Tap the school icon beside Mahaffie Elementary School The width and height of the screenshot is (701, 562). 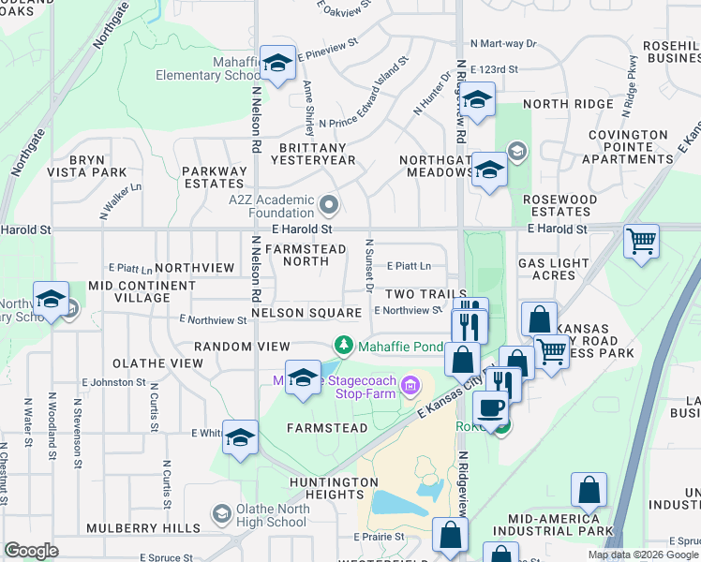[277, 64]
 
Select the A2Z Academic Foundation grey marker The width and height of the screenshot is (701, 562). [328, 204]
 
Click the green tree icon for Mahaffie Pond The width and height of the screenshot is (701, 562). [344, 347]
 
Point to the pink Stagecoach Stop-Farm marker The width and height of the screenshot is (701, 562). [409, 385]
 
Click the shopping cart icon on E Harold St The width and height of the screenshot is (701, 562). [641, 241]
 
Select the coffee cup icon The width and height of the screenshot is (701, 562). [489, 407]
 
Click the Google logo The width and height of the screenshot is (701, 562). [32, 551]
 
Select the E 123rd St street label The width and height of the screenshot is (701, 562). [495, 70]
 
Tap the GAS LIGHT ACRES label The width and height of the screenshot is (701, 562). [552, 269]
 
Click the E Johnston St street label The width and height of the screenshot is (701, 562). [111, 382]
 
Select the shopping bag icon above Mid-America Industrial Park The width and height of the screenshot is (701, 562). [589, 491]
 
